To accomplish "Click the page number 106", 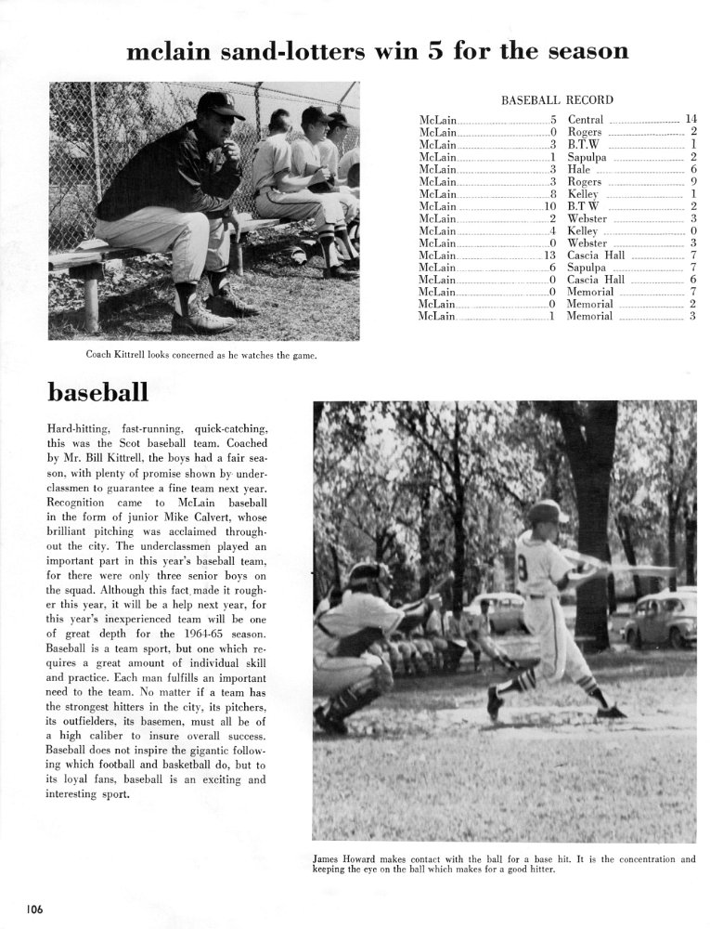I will tap(34, 908).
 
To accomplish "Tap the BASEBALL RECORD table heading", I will tap(557, 99).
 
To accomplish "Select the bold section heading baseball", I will tap(97, 392).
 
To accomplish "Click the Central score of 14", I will tap(690, 120).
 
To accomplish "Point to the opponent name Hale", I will tap(579, 170).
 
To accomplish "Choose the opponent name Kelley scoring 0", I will tap(583, 230).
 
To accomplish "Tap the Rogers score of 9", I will tap(692, 182).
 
